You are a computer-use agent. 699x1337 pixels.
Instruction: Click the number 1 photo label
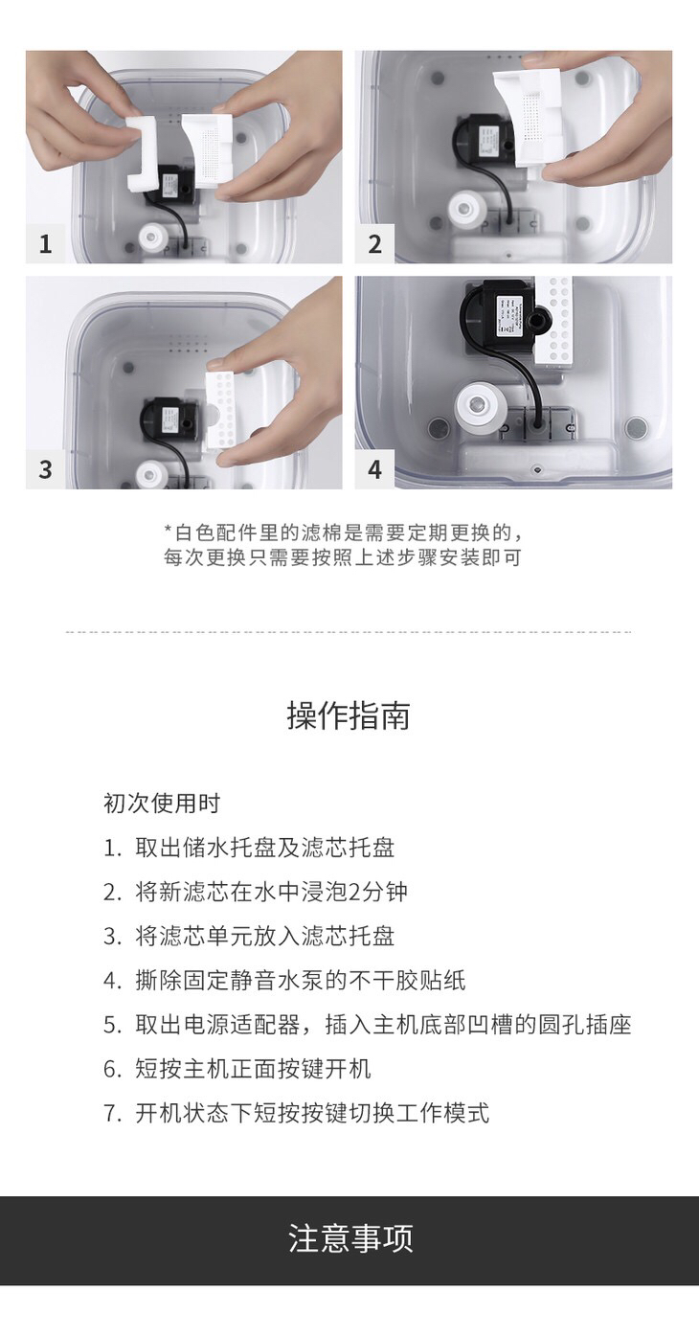point(45,243)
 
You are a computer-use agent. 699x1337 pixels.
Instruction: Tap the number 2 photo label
point(374,243)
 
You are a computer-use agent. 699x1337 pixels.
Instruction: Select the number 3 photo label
point(45,469)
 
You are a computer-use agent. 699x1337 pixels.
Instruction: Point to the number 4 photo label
point(374,469)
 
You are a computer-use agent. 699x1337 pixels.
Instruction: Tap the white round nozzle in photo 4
point(477,407)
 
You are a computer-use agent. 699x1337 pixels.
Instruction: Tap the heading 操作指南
point(349,715)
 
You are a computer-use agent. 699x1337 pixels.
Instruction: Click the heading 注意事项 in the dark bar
point(349,1238)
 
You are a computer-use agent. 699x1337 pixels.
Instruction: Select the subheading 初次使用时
point(163,804)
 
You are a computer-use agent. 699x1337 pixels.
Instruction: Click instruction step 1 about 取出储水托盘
point(249,848)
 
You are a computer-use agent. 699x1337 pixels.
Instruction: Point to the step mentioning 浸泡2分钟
point(256,892)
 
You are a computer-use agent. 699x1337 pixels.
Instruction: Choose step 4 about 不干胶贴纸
point(284,980)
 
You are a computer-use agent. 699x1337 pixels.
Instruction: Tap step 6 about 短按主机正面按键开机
point(237,1069)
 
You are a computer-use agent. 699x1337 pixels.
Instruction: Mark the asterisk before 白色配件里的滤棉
point(169,529)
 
